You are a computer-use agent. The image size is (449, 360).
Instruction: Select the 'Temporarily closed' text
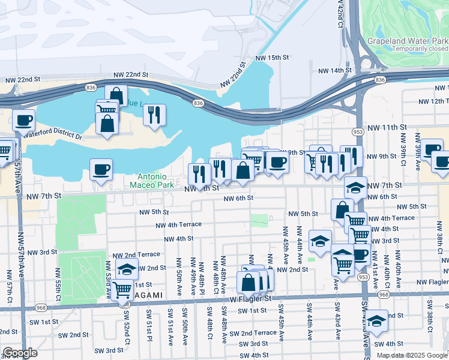(x=420, y=49)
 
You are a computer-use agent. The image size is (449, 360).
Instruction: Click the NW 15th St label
(x=273, y=58)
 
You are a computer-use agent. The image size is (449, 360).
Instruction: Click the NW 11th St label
(x=387, y=128)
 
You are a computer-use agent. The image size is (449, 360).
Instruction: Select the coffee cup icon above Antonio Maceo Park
(x=101, y=169)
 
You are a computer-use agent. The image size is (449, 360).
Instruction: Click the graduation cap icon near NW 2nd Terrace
(x=127, y=269)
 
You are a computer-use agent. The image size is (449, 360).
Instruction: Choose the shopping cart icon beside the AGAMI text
(x=122, y=289)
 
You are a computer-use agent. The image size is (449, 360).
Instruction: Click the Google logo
(x=20, y=353)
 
